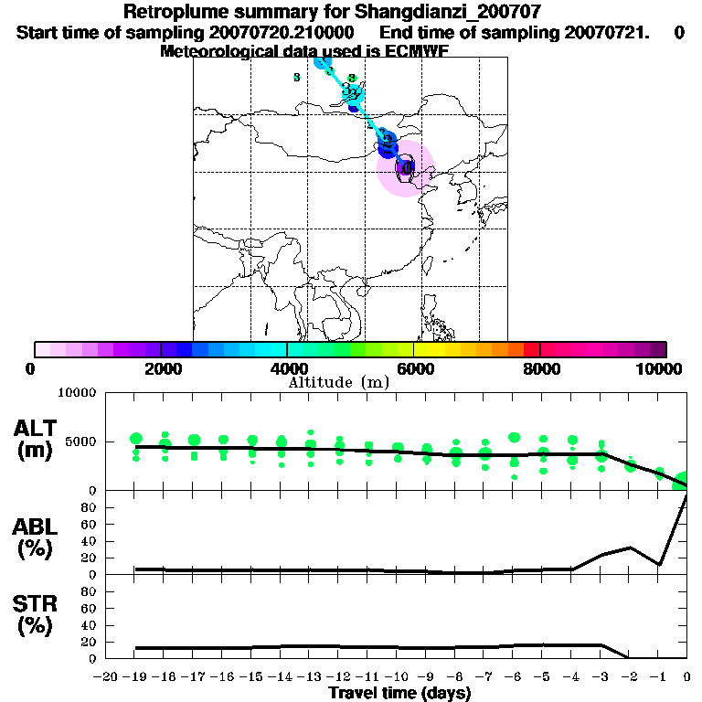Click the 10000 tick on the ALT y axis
pos(78,393)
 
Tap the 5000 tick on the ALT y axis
pos(81,441)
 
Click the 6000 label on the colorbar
pos(414,368)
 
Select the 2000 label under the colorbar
pos(161,368)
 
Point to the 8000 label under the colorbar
pos(540,368)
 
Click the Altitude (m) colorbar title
pos(339,382)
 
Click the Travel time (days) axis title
pos(399,694)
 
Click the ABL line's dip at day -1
pos(659,564)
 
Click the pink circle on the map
pos(406,169)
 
